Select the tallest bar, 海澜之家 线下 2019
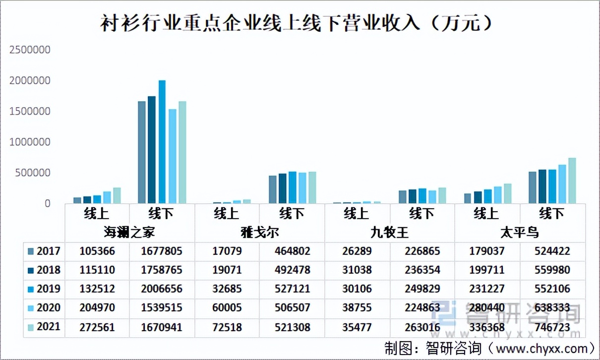[x=162, y=142]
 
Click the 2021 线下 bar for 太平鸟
[x=572, y=181]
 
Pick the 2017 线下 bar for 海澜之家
[x=142, y=152]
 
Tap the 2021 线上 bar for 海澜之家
[x=117, y=195]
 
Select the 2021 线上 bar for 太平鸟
[x=507, y=193]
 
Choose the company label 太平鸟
[x=519, y=232]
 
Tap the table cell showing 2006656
[x=162, y=289]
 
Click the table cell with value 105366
[x=97, y=251]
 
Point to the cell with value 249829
[x=421, y=289]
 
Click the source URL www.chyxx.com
[x=540, y=347]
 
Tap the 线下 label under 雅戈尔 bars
[x=292, y=214]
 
